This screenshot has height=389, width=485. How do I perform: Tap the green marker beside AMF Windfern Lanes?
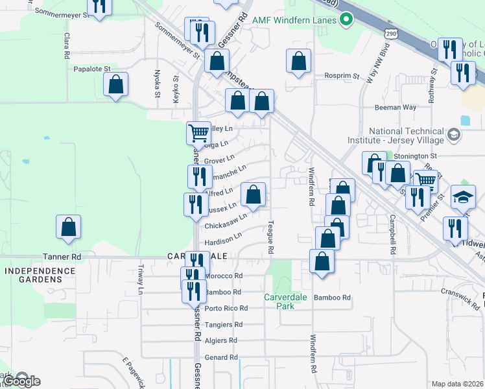tap(346, 20)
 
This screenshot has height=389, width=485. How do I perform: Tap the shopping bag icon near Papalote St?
tap(115, 84)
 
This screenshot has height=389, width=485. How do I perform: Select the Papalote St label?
tap(92, 68)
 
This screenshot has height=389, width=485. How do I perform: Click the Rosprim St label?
tap(342, 76)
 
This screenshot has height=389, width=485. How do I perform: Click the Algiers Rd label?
tap(220, 340)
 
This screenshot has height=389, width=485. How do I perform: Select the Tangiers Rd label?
tap(223, 324)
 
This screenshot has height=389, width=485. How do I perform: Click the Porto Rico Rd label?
tap(226, 308)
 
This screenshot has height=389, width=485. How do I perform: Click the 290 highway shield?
tap(390, 33)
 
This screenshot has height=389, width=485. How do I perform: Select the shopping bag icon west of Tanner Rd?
tap(68, 227)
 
